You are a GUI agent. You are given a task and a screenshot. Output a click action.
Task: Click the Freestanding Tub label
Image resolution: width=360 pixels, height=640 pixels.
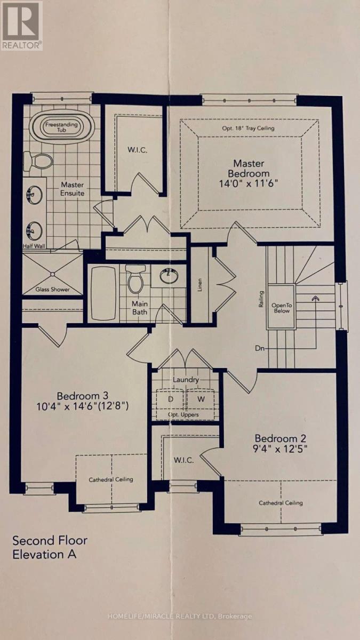click(x=61, y=127)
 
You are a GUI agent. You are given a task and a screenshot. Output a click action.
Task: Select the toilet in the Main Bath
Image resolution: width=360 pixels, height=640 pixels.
click(x=135, y=279)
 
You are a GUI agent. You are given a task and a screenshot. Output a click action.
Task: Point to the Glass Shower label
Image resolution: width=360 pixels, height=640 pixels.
click(x=53, y=289)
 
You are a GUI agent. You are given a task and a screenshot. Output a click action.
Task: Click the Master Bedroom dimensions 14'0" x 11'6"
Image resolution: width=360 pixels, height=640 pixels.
click(x=249, y=183)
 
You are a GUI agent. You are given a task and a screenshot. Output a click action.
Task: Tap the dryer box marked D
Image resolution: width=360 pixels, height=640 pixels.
click(x=171, y=399)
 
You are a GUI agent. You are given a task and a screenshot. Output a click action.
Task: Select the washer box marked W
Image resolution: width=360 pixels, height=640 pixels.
click(x=201, y=399)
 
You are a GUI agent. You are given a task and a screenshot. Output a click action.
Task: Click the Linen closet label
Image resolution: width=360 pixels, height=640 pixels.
click(x=200, y=285)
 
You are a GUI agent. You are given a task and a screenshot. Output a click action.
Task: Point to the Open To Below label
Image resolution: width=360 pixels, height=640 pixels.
click(x=282, y=308)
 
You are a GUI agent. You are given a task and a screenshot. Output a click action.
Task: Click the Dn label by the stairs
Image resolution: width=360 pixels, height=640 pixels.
click(x=260, y=348)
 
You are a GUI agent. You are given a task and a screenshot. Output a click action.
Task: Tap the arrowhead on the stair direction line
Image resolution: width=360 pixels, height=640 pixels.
click(x=315, y=298)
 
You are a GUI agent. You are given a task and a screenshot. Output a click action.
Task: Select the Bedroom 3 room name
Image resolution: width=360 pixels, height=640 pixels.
click(x=83, y=396)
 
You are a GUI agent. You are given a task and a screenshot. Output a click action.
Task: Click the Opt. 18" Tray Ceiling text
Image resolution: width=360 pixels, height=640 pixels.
click(x=249, y=129)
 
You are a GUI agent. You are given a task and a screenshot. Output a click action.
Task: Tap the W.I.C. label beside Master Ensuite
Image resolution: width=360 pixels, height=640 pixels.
click(x=138, y=150)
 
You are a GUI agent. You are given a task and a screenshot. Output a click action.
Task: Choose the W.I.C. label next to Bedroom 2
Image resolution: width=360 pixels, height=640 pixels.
click(x=183, y=460)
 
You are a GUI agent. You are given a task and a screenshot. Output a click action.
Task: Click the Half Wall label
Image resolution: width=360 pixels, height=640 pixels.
click(x=34, y=246)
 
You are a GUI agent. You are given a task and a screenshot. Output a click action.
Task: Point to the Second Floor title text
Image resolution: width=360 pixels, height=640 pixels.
click(x=50, y=541)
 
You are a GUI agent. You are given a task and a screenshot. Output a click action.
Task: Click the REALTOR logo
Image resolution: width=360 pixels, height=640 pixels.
click(x=22, y=26)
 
